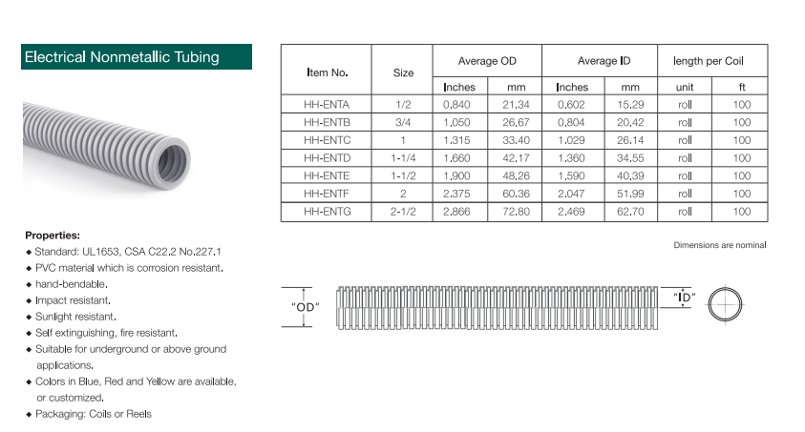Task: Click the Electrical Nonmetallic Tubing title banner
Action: (137, 57)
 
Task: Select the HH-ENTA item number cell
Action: (327, 105)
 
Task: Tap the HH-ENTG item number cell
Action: (327, 211)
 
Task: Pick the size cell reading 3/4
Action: (403, 122)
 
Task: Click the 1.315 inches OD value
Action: (456, 140)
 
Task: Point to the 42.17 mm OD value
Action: (516, 158)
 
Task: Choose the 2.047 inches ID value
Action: (571, 194)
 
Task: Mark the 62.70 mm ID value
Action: (630, 211)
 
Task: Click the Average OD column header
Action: (487, 61)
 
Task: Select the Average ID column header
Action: (604, 61)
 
